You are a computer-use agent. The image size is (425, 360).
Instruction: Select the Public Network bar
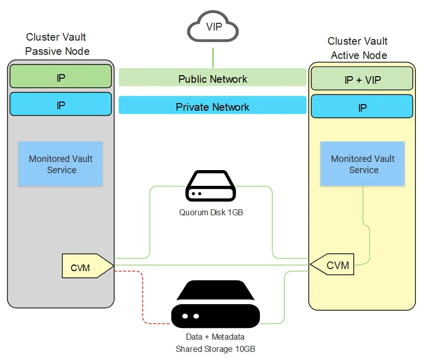click(x=212, y=79)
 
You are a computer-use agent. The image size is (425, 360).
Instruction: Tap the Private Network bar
click(x=212, y=107)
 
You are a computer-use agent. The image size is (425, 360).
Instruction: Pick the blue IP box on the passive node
click(x=60, y=105)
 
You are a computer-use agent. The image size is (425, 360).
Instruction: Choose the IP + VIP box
click(x=362, y=80)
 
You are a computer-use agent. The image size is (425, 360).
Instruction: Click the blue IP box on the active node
click(x=362, y=108)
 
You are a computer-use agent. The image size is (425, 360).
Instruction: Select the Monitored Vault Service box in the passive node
click(x=60, y=164)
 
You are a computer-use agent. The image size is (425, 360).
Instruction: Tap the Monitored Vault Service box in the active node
click(x=363, y=164)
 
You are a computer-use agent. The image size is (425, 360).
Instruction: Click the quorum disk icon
click(x=211, y=187)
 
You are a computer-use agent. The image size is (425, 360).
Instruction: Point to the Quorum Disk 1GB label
click(x=211, y=213)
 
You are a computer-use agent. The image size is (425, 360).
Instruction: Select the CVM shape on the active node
click(x=333, y=265)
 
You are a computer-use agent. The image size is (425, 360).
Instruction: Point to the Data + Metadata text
click(x=215, y=337)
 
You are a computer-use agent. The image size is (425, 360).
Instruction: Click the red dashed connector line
click(x=143, y=300)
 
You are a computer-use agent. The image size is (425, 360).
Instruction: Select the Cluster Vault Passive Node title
click(x=56, y=44)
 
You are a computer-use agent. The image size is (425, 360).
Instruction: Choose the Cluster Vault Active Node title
click(x=358, y=48)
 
